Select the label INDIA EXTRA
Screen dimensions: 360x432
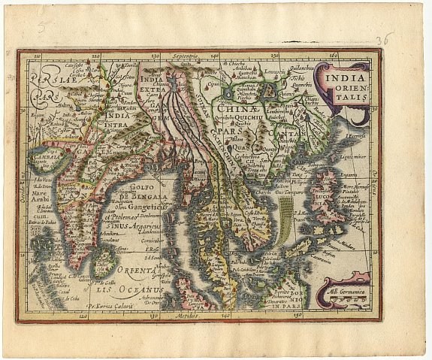pos(153,83)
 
